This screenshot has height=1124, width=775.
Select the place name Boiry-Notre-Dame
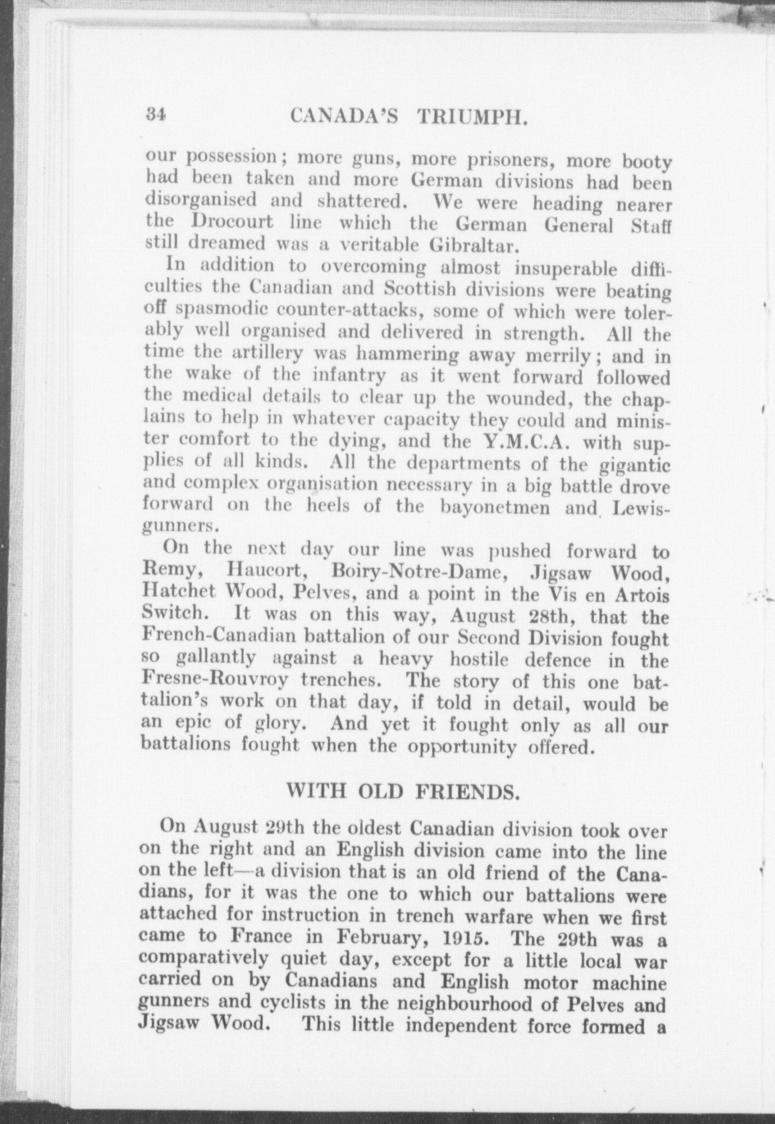[x=415, y=572]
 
